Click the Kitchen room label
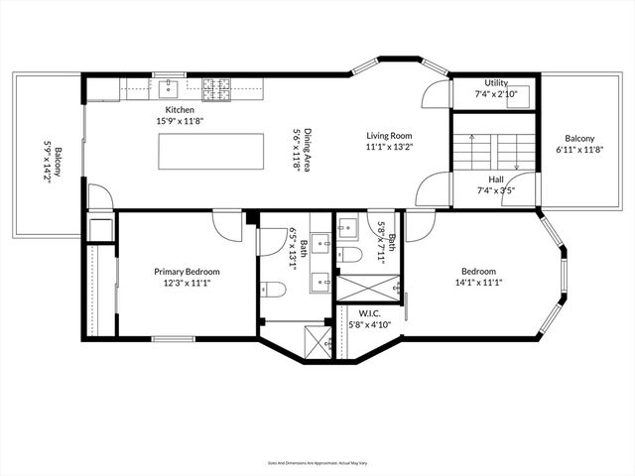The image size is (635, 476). [x=180, y=109]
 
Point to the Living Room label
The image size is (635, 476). [x=389, y=136]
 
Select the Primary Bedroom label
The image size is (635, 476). [x=187, y=271]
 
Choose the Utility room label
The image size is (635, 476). [x=496, y=83]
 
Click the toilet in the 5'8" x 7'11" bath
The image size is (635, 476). [x=348, y=255]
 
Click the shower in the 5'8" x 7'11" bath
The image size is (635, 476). [x=367, y=288]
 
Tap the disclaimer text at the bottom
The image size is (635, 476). [x=317, y=463]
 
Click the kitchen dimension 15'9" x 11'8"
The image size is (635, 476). [x=180, y=120]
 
